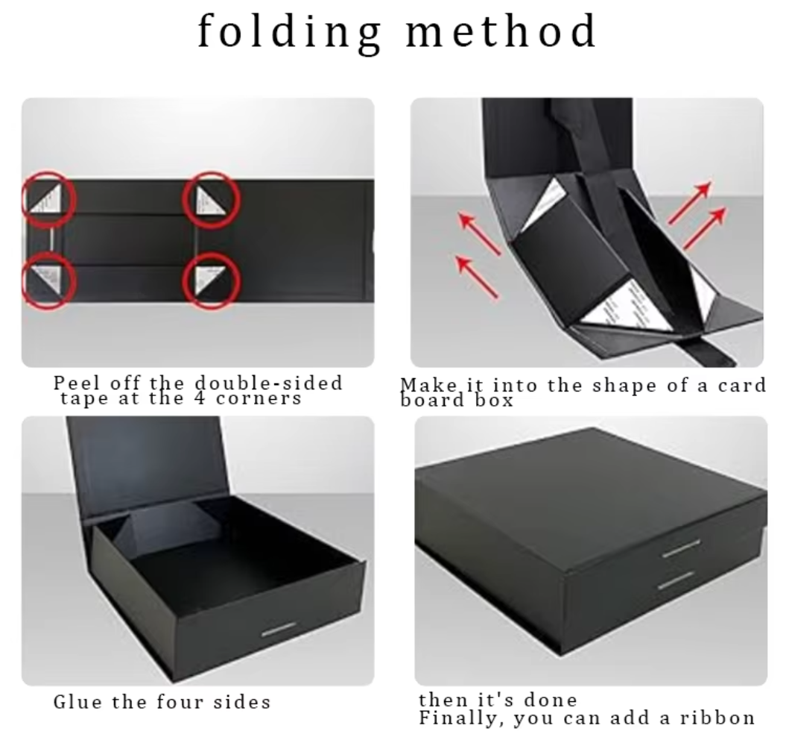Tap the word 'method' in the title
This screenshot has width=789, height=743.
[501, 31]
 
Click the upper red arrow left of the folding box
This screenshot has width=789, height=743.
[480, 233]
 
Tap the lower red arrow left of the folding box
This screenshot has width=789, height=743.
[477, 276]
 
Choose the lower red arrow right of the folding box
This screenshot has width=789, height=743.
[705, 228]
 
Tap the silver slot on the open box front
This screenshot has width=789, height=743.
[279, 629]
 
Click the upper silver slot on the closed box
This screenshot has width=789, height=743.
[681, 548]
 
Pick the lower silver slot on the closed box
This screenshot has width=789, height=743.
[676, 580]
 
